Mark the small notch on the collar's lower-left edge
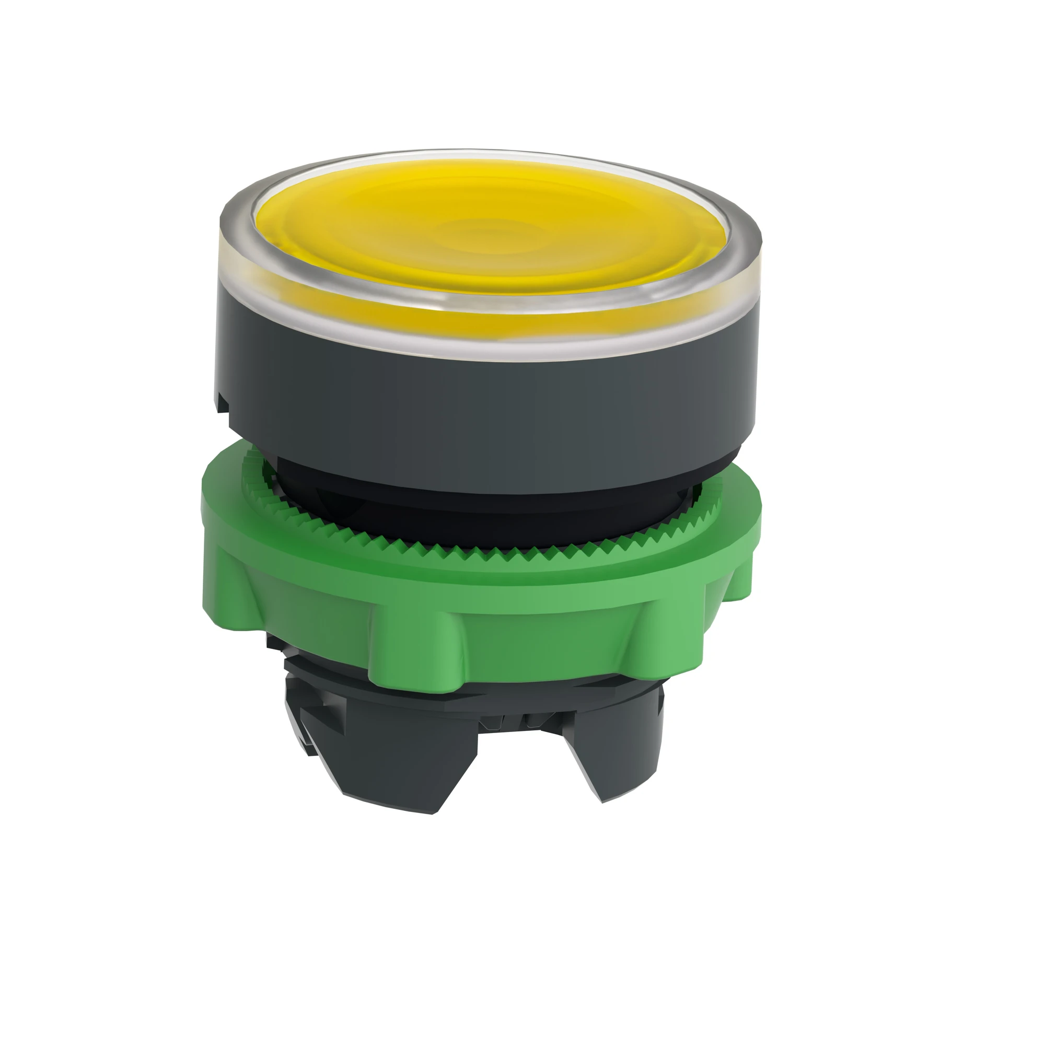223,403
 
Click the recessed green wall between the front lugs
557,644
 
